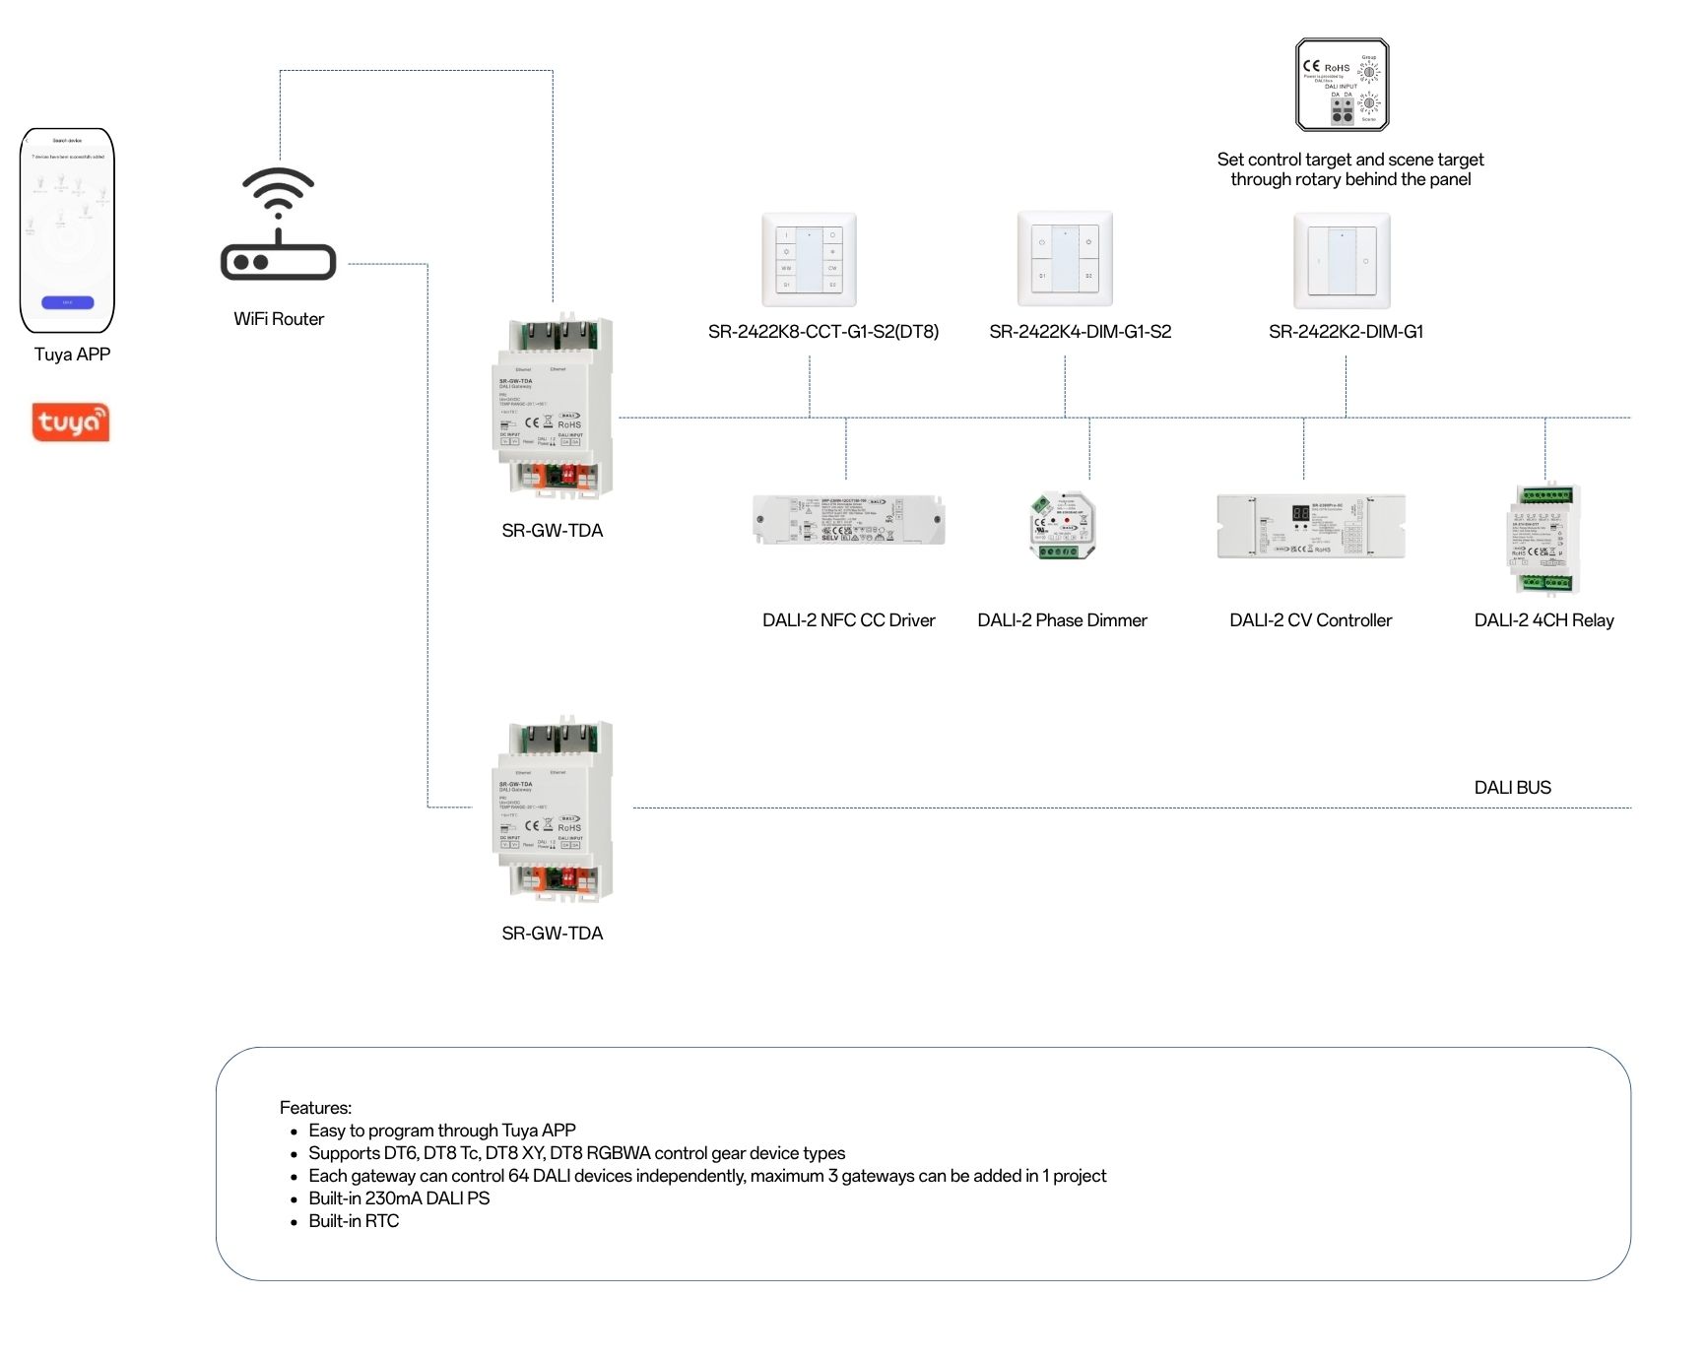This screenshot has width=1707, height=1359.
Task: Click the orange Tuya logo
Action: coord(71,422)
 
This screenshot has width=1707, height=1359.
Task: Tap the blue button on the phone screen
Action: coord(68,302)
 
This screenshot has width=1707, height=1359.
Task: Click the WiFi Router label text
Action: coord(279,319)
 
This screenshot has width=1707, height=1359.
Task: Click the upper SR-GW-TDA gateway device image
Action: coord(553,408)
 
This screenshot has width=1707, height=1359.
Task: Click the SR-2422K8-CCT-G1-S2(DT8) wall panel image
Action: coord(810,260)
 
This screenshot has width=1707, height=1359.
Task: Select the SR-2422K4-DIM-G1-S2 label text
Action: coord(1080,332)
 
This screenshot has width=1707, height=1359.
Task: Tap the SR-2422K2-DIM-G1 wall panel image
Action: coord(1342,261)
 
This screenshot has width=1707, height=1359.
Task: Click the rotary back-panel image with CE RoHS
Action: coord(1342,86)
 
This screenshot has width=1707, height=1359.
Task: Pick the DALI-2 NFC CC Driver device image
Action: coord(848,520)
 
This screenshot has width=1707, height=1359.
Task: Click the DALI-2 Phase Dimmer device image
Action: coord(1062,526)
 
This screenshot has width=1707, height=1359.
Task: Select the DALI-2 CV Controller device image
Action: coord(1310,526)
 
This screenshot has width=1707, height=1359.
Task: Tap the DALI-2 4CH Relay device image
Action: coord(1543,541)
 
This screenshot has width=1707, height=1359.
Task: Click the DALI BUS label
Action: coord(1512,788)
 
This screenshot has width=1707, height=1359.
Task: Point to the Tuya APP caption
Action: coord(72,355)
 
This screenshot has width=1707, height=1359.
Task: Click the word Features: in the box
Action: coord(315,1108)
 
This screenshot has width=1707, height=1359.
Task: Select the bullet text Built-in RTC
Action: coord(354,1221)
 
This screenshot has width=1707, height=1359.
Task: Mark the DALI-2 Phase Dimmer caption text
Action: coord(1062,620)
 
